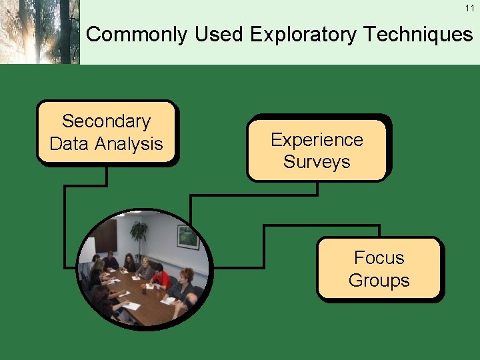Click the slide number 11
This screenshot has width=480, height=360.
pos(469,7)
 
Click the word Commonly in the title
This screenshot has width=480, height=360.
pos(137,35)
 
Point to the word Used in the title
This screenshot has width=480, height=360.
pos(218,35)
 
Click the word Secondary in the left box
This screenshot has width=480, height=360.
pos(106,121)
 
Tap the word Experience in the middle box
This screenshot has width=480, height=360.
pos(317,140)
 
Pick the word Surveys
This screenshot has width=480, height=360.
pos(317,162)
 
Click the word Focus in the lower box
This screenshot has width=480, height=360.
pos(379,258)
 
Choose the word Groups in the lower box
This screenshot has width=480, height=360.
pos(379,281)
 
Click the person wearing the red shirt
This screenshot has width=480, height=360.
pos(160,275)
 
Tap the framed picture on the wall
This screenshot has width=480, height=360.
pos(187,237)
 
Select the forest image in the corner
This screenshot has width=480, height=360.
pos(39,32)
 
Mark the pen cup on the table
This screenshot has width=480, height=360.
pos(143,289)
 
